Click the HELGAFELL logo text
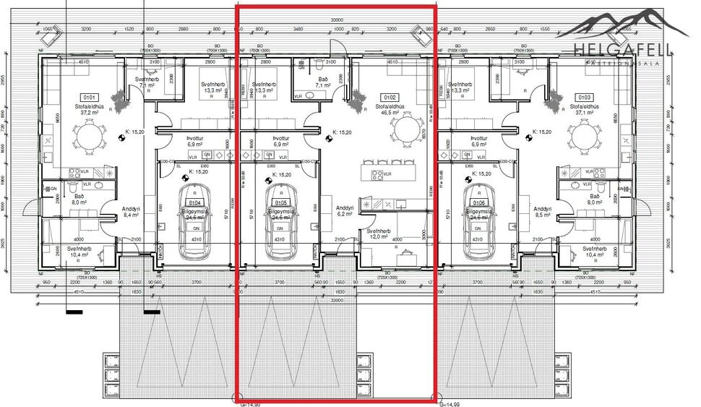coord(622,50)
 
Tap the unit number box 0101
coord(90,96)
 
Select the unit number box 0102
coord(390,96)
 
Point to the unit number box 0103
coord(585,96)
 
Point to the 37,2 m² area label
coord(90,113)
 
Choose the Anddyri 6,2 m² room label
coord(344,211)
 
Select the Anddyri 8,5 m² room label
coord(542,212)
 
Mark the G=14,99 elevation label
coord(450,404)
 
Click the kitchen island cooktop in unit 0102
coord(377,174)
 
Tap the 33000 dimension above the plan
coord(335,20)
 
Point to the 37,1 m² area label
coord(585,113)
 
